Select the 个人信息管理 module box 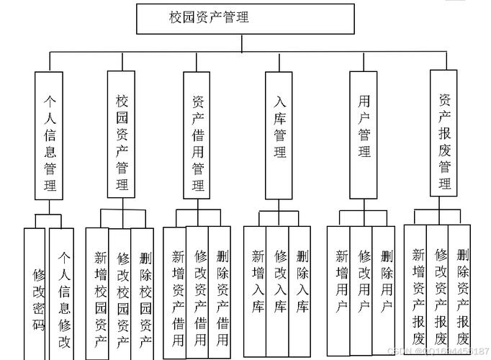click(x=50, y=135)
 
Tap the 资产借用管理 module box click(x=198, y=135)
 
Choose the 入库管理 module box click(x=279, y=135)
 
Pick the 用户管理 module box click(x=364, y=135)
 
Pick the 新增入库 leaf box click(x=255, y=288)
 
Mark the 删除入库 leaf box click(x=301, y=288)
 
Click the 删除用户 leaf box click(x=385, y=288)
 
